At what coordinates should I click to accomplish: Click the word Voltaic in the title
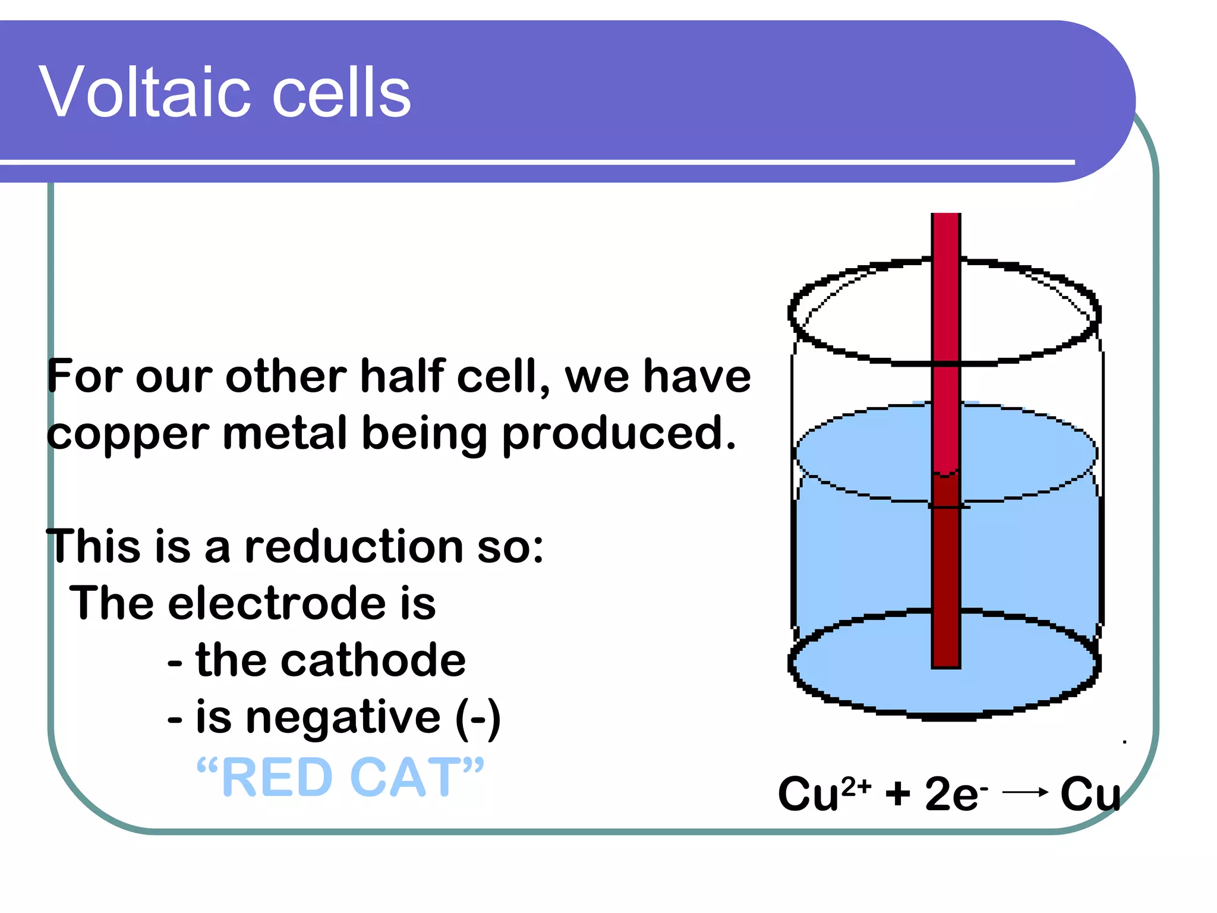coord(143,93)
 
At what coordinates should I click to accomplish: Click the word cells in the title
coord(341,93)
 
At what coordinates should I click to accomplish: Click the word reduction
coord(354,547)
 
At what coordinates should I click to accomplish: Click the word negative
coord(343,718)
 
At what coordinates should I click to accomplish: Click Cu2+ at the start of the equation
coord(824,794)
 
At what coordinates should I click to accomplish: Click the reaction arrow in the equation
coord(1025,792)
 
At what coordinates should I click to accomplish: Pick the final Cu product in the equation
coord(1089,794)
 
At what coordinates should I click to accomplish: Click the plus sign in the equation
coord(897,794)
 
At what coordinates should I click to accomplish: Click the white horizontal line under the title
coord(535,162)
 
